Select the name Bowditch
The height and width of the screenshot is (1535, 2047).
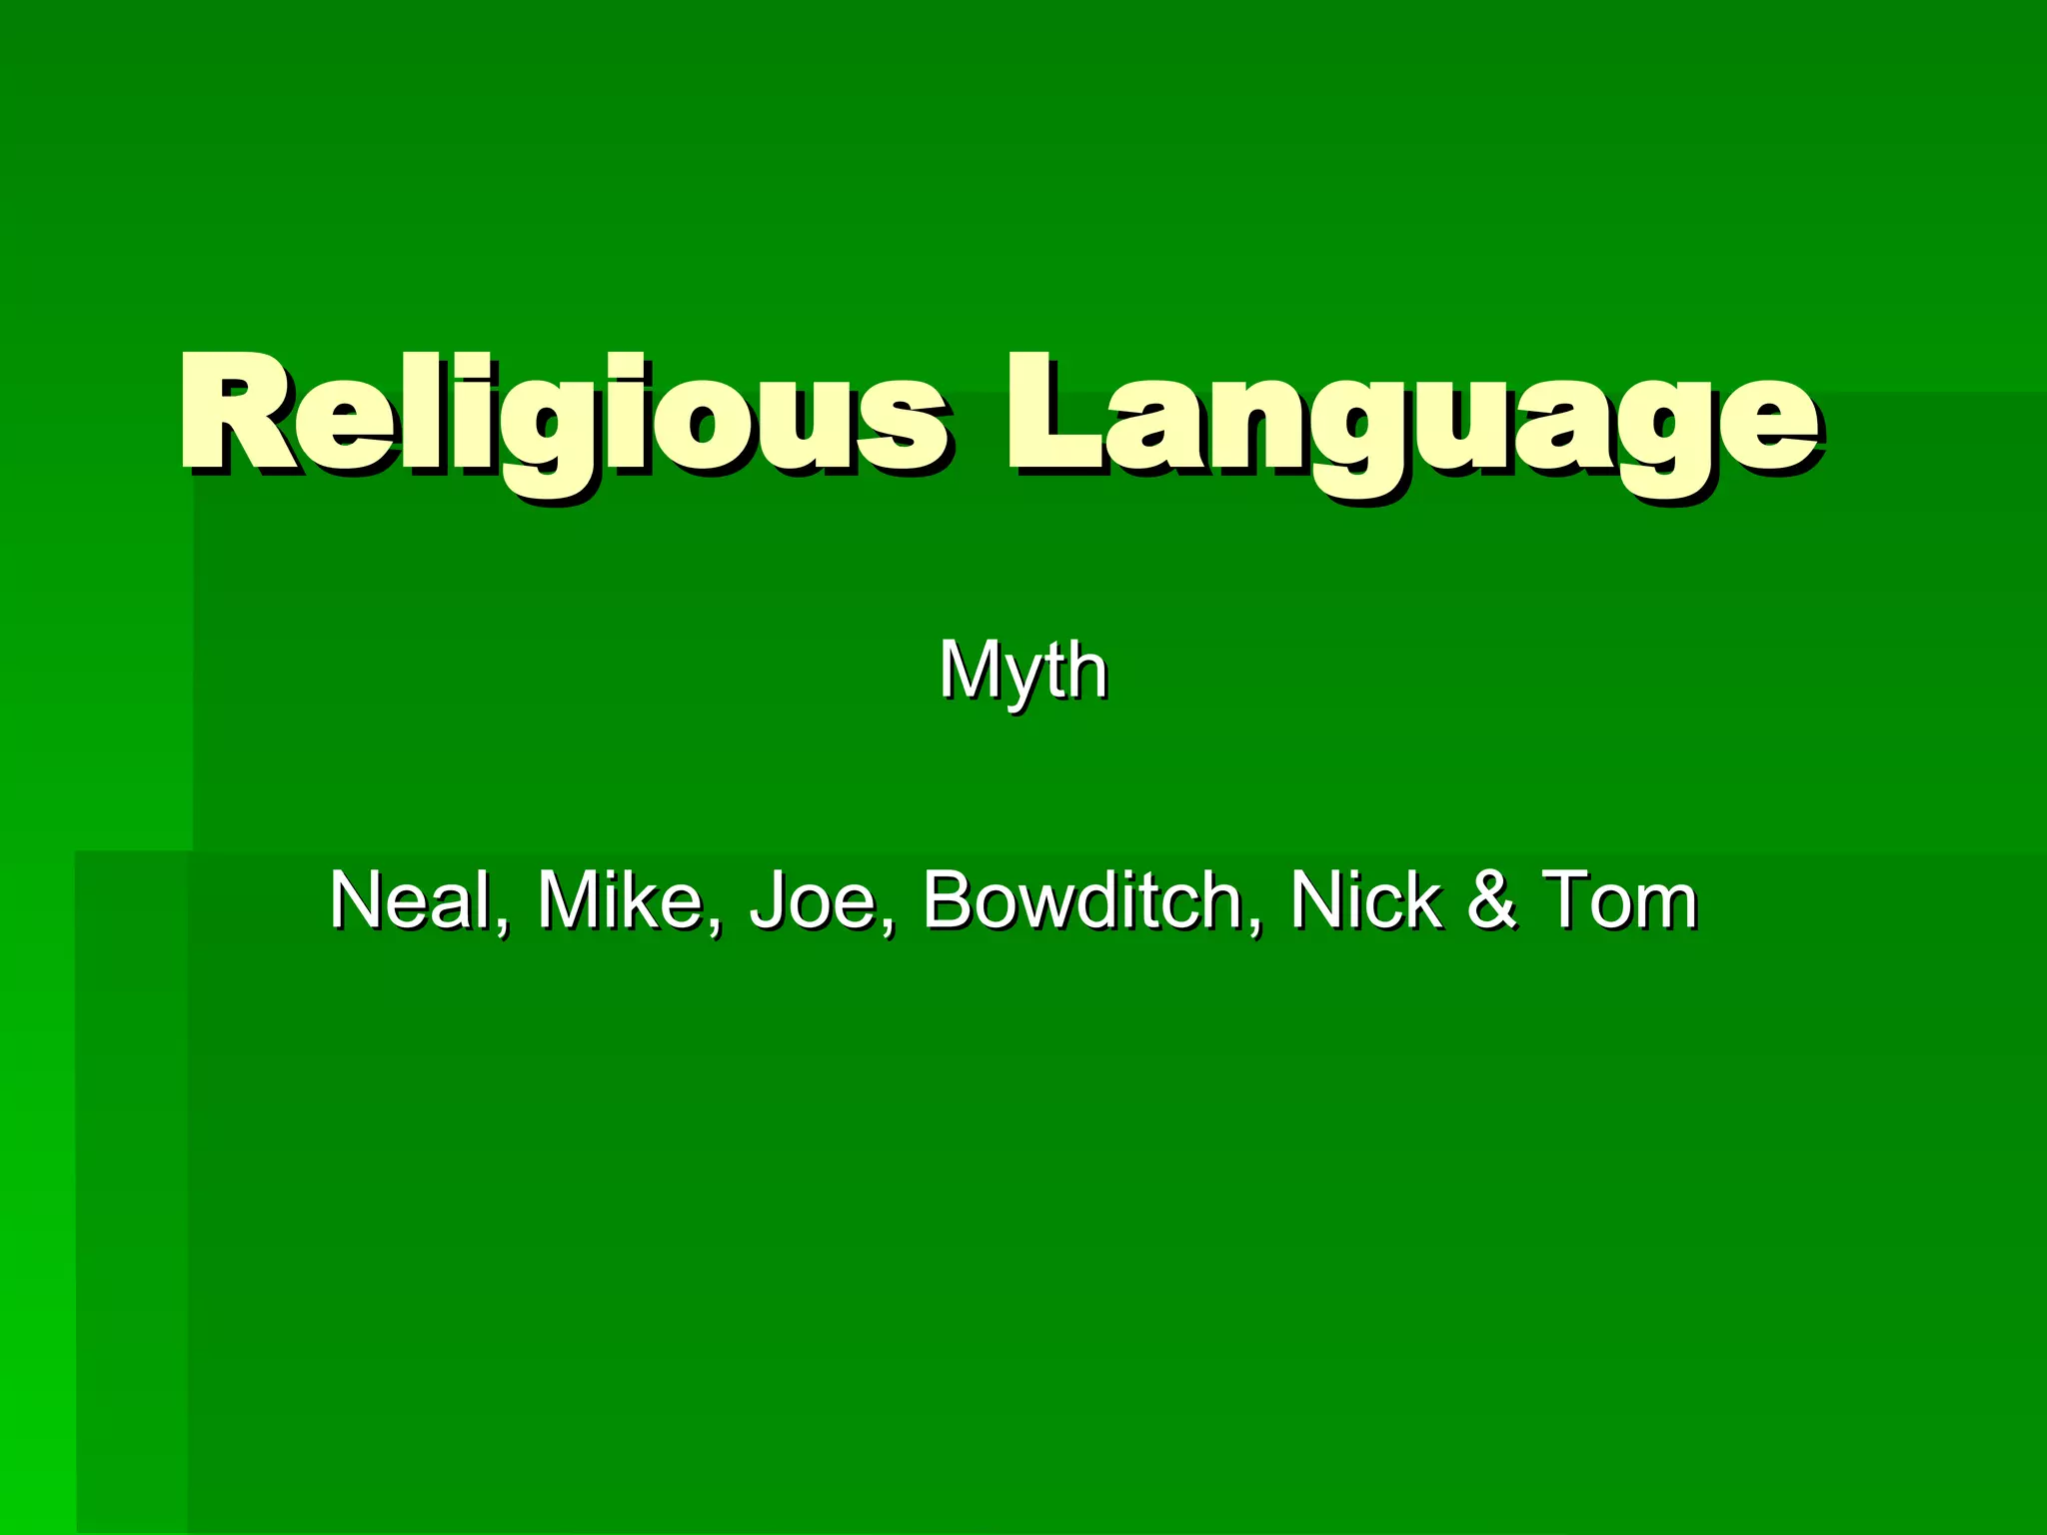1083,899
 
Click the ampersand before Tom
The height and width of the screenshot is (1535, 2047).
1492,899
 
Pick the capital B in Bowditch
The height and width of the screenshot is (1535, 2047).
948,899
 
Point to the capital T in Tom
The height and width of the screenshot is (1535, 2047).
1569,899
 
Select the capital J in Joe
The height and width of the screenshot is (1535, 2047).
770,899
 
